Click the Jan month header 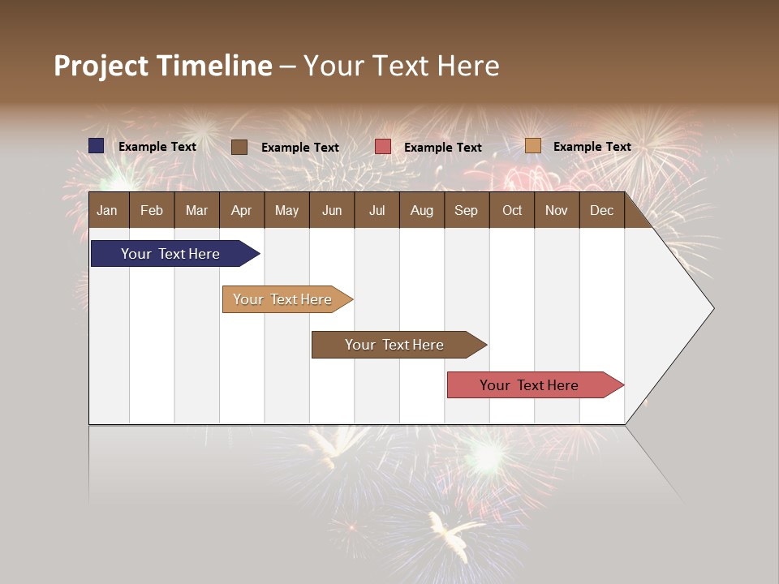point(107,210)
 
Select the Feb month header point(152,210)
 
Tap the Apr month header point(241,210)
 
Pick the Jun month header point(332,210)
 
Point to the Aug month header point(421,210)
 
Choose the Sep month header point(466,210)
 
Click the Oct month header point(512,210)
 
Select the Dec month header point(601,210)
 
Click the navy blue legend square point(97,146)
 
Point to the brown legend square point(239,147)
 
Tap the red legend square point(383,147)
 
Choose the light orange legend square point(532,146)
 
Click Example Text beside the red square point(442,147)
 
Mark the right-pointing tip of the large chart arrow point(712,308)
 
